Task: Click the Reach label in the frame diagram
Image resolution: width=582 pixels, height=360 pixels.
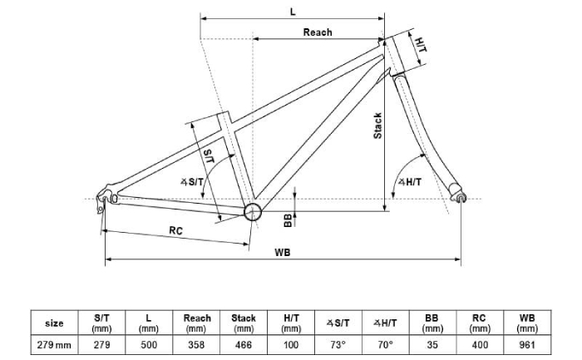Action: (x=318, y=32)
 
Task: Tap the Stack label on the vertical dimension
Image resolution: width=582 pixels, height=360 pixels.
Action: (x=377, y=126)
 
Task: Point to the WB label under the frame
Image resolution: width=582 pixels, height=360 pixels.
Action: (x=283, y=253)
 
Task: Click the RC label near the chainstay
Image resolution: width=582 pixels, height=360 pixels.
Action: (x=176, y=230)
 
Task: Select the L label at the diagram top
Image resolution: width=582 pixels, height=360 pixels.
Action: (x=293, y=12)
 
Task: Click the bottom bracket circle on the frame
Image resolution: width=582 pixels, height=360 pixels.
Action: (x=253, y=212)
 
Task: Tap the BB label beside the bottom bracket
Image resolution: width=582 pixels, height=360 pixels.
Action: (x=288, y=220)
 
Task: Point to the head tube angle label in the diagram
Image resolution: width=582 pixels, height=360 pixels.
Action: (x=410, y=182)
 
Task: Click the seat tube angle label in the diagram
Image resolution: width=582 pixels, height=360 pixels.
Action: (x=192, y=182)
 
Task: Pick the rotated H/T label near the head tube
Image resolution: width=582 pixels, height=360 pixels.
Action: (x=421, y=45)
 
